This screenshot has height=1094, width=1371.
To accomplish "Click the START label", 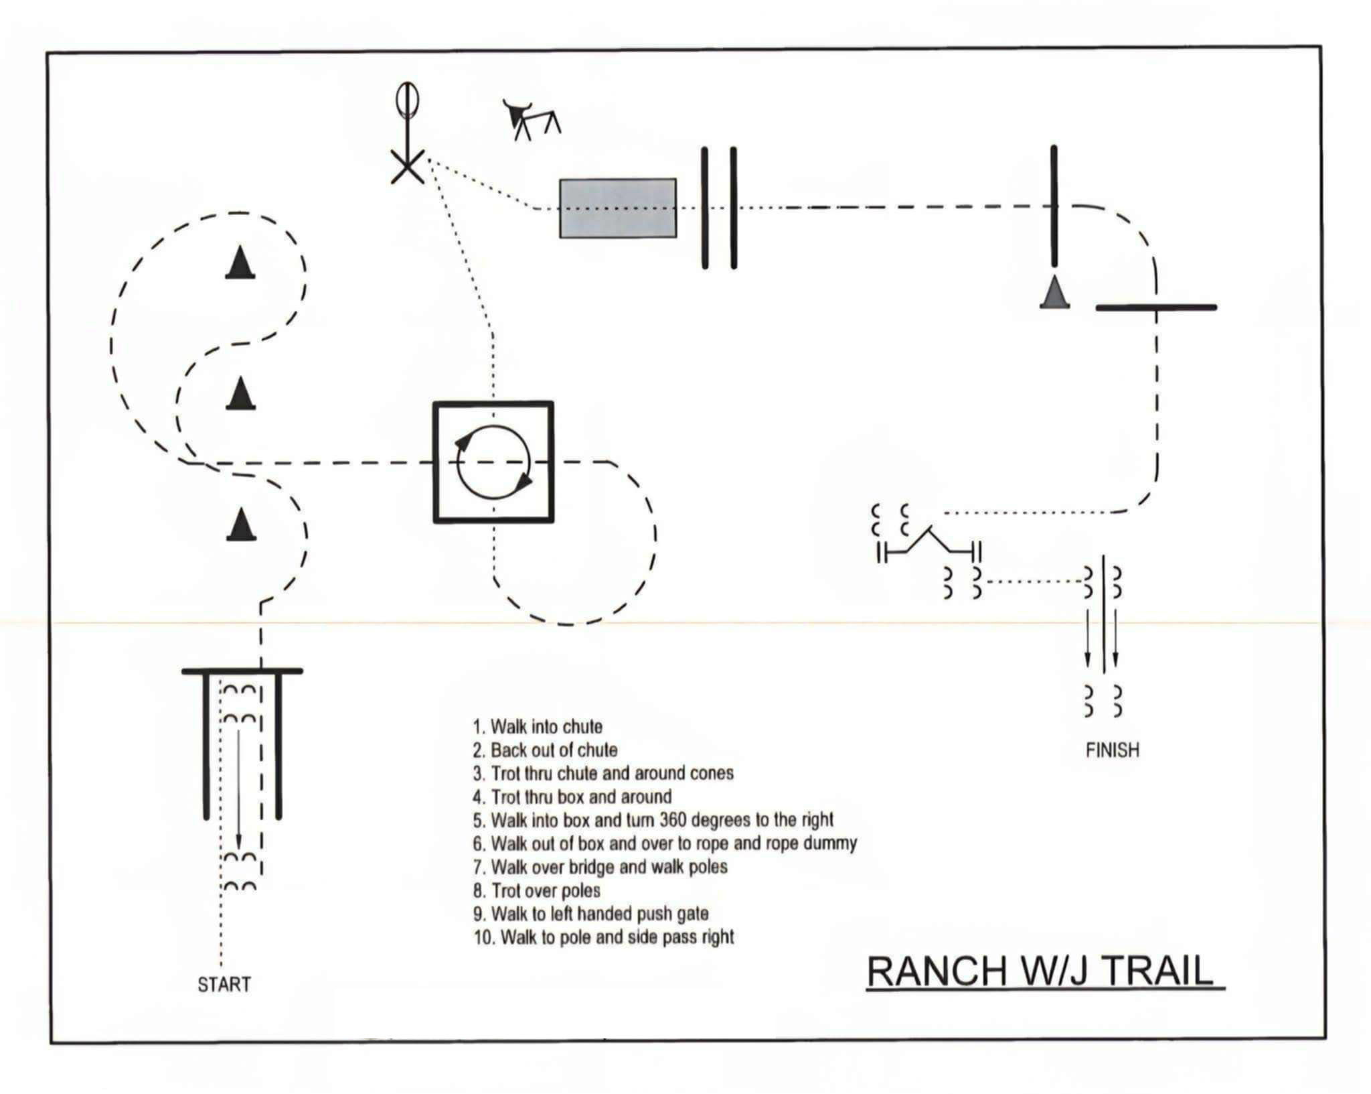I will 224,984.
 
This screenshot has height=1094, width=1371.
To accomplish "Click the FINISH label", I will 1112,750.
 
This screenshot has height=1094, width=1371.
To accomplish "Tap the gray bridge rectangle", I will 617,208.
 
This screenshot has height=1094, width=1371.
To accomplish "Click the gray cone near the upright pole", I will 1054,293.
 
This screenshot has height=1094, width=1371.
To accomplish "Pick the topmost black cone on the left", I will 240,263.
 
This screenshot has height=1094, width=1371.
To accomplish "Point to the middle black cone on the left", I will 240,393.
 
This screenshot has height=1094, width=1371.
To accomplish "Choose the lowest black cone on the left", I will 241,524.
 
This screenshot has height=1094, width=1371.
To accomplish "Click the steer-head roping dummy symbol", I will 530,119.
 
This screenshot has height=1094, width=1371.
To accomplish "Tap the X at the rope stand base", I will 407,165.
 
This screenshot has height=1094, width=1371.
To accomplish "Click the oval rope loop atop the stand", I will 406,100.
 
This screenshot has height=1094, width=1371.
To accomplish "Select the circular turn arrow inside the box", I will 493,462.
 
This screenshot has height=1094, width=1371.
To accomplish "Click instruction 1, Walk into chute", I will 538,727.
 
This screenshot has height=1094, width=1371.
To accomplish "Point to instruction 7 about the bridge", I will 600,867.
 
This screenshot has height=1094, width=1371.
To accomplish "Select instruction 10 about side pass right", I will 604,937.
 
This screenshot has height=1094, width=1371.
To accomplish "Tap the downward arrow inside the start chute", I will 238,791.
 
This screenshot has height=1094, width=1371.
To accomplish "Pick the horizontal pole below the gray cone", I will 1155,307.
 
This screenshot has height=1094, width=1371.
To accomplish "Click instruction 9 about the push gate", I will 590,914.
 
